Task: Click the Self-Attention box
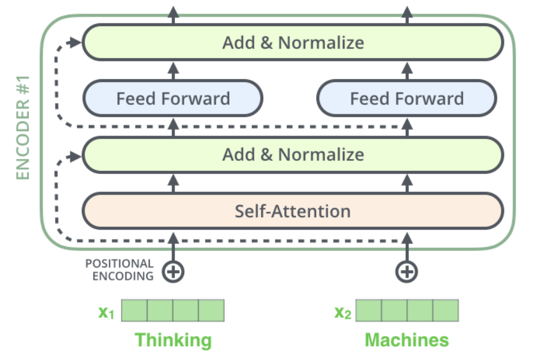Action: (293, 211)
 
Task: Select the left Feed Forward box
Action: (173, 98)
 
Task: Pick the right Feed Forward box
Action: (406, 98)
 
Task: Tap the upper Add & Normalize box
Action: (293, 43)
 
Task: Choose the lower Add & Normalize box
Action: (293, 154)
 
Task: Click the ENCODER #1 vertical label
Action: (23, 128)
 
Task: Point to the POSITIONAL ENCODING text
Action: (120, 270)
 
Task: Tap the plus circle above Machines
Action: (407, 271)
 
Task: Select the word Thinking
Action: (173, 340)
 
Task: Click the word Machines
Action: (407, 340)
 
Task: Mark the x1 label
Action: (107, 312)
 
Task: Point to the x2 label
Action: (342, 312)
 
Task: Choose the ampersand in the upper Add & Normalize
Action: (267, 43)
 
